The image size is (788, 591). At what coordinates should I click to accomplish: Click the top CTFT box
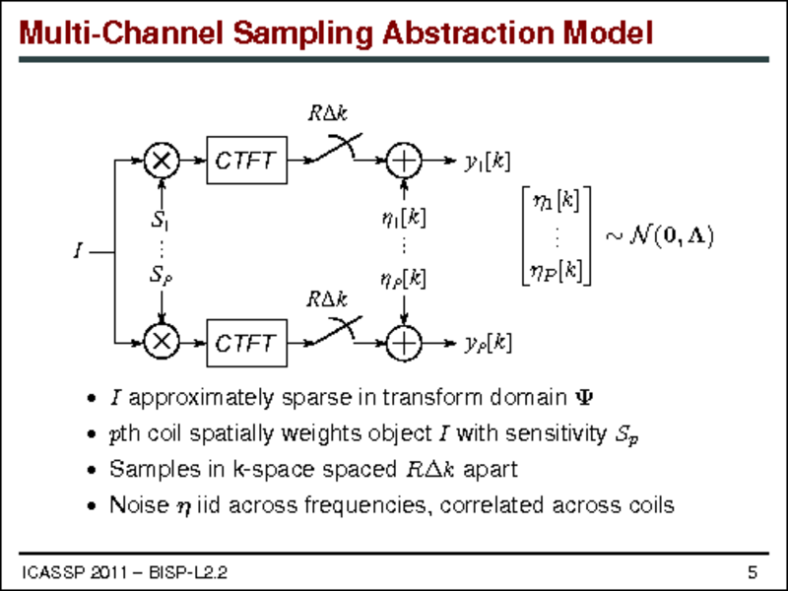pos(247,161)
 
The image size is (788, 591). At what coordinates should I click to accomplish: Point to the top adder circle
pos(404,160)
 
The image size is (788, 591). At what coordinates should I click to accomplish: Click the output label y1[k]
pos(487,161)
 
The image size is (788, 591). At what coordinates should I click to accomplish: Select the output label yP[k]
pos(487,343)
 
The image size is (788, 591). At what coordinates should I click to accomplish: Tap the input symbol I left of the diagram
pos(77,251)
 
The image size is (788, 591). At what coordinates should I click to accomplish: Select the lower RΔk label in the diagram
pos(326,297)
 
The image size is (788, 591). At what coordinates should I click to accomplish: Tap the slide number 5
pos(752,572)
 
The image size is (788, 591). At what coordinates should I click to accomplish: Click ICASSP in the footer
pos(47,572)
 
